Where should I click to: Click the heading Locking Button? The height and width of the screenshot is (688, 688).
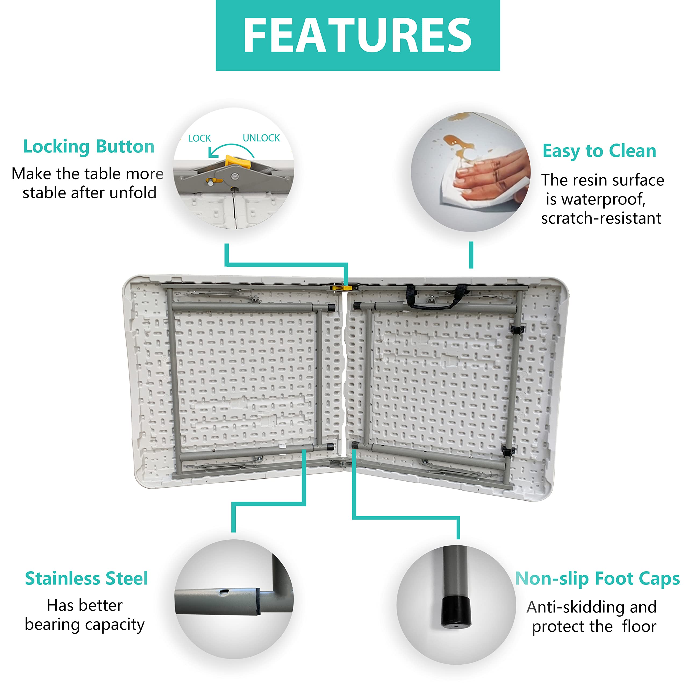(89, 147)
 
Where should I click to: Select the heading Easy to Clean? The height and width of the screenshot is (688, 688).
(599, 151)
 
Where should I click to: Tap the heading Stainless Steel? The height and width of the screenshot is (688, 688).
(86, 578)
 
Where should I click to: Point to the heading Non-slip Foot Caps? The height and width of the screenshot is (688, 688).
(597, 579)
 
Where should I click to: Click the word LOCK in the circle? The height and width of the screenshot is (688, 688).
(199, 138)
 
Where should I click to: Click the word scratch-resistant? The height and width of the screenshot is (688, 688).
(601, 218)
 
